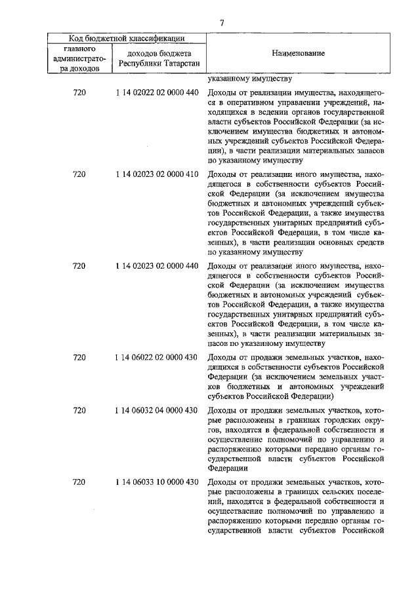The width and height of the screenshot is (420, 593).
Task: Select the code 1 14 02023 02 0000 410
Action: point(156,174)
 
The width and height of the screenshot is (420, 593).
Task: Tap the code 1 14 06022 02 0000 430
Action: point(156,357)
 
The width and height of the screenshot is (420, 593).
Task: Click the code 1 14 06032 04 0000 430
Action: point(156,410)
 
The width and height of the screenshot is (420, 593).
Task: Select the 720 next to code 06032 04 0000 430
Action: point(79,410)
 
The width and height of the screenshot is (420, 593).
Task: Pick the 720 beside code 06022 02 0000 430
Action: point(79,357)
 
